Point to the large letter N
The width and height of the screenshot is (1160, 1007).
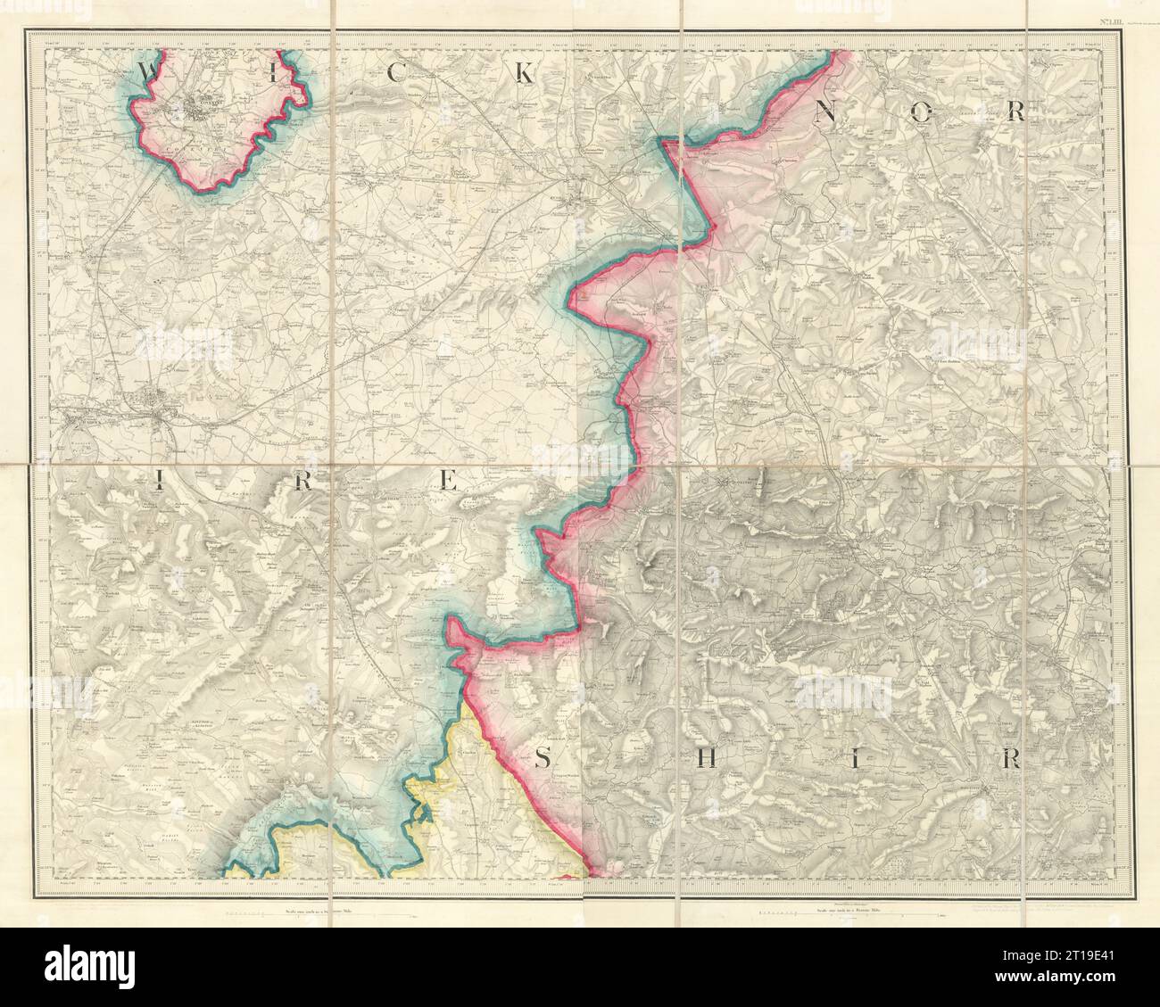pyautogui.click(x=825, y=111)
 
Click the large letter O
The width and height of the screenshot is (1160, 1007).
pyautogui.click(x=923, y=111)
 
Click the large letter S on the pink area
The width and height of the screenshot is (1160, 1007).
pyautogui.click(x=543, y=759)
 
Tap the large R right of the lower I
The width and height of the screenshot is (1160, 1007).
pyautogui.click(x=1010, y=759)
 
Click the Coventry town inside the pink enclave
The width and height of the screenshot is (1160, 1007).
pyautogui.click(x=209, y=109)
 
